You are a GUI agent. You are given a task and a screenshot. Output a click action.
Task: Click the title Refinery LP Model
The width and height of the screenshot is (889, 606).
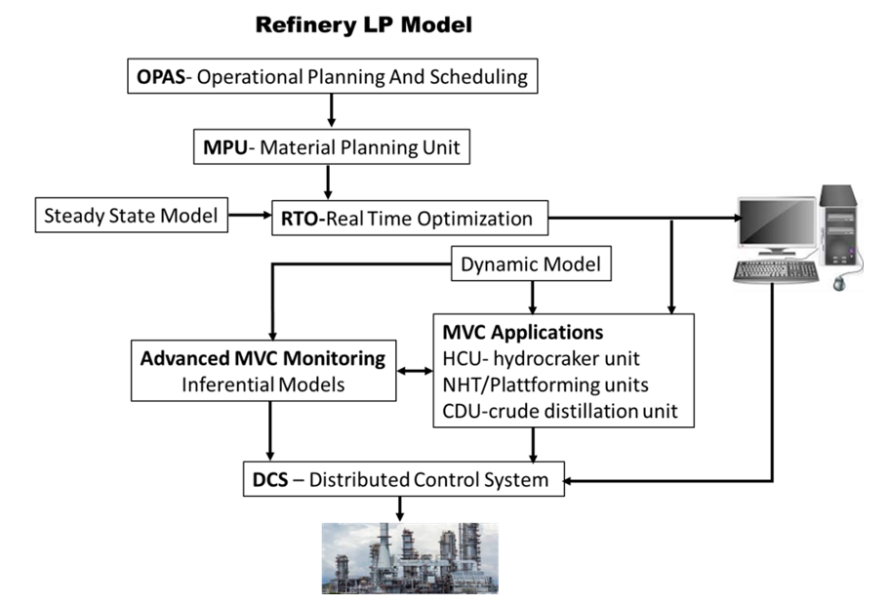363,25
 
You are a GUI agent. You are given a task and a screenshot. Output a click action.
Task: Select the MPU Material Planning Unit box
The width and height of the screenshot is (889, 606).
331,149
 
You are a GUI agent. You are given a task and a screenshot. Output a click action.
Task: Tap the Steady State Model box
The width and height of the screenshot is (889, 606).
131,216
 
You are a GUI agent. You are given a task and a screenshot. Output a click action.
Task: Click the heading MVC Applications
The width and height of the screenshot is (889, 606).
522,332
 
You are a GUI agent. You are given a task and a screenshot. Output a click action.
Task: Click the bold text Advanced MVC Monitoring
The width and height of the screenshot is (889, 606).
263,358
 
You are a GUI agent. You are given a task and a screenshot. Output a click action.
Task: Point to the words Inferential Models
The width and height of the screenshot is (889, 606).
263,384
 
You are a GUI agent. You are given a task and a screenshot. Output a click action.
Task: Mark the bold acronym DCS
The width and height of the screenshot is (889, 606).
270,480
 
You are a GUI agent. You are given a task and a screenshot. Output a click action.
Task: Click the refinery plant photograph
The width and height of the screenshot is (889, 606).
410,558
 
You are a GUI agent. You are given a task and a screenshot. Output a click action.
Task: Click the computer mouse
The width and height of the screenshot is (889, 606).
839,282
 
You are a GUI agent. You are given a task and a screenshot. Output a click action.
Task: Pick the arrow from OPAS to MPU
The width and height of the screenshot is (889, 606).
332,111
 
